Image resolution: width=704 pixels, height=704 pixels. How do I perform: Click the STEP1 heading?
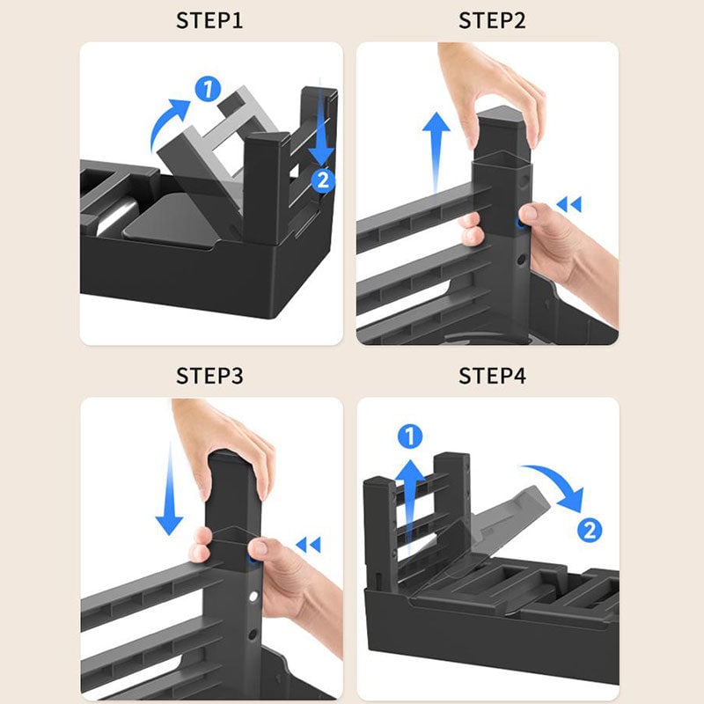click(x=209, y=20)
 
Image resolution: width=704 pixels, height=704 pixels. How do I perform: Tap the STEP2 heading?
click(x=492, y=20)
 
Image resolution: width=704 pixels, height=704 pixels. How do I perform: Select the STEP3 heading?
click(x=209, y=376)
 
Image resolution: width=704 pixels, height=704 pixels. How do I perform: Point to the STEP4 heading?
click(x=492, y=376)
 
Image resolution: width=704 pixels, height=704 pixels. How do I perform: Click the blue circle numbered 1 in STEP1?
click(x=208, y=89)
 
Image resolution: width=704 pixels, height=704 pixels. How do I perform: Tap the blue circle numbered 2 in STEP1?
click(x=323, y=180)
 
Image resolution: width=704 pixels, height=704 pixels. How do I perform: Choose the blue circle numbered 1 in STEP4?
click(x=410, y=436)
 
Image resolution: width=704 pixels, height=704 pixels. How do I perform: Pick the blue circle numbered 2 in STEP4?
click(x=589, y=530)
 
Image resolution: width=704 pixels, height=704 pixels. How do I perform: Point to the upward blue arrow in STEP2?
click(x=436, y=152)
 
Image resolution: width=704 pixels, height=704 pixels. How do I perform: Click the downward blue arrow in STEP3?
click(x=169, y=489)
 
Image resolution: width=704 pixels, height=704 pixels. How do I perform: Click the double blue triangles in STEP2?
click(x=568, y=204)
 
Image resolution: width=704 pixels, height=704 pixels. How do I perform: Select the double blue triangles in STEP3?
click(x=309, y=545)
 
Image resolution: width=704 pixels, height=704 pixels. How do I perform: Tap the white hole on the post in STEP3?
click(x=253, y=597)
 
